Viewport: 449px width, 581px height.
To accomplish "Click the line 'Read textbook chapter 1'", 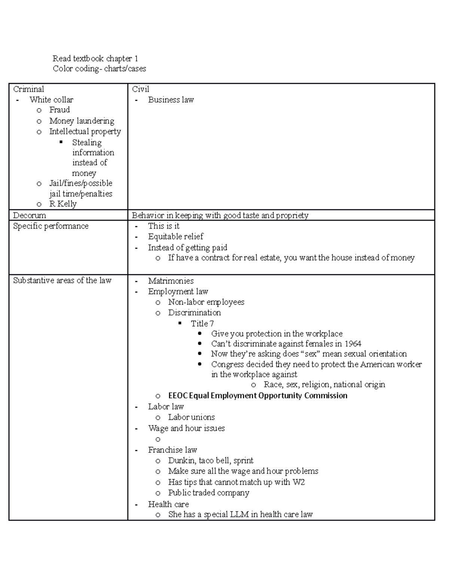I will [x=95, y=58].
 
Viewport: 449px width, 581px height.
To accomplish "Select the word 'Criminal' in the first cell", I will [x=28, y=89].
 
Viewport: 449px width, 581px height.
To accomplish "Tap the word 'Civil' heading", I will [x=140, y=89].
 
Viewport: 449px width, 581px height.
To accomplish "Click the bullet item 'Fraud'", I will [x=59, y=110].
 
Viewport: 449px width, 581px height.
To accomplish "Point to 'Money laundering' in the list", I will [x=82, y=121].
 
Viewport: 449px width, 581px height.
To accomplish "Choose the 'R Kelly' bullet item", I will [x=63, y=204].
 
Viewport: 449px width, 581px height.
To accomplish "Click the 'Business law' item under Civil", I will [x=171, y=100].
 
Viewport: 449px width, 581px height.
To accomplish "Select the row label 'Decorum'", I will [x=30, y=215].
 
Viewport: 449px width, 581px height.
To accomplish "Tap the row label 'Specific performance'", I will [x=51, y=226].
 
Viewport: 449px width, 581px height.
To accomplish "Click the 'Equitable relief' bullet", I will [x=175, y=236].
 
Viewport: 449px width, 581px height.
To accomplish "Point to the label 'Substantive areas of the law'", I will [x=62, y=281].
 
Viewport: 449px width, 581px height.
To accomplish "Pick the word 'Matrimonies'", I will [x=171, y=281].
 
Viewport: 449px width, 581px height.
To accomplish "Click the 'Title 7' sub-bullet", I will [x=202, y=323].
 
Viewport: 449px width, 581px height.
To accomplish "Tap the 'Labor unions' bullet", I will [x=191, y=417].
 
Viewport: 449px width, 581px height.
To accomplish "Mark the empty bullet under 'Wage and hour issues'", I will [x=158, y=439].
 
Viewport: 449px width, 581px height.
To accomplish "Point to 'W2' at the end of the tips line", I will [x=298, y=482].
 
